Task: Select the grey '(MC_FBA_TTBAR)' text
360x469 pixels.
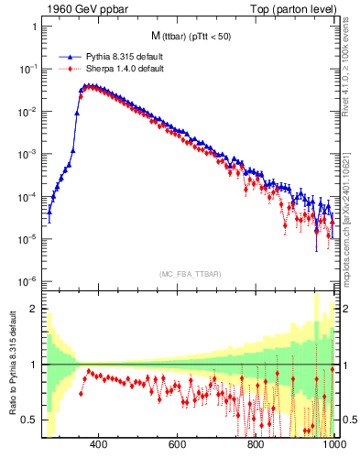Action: pyautogui.click(x=189, y=272)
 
